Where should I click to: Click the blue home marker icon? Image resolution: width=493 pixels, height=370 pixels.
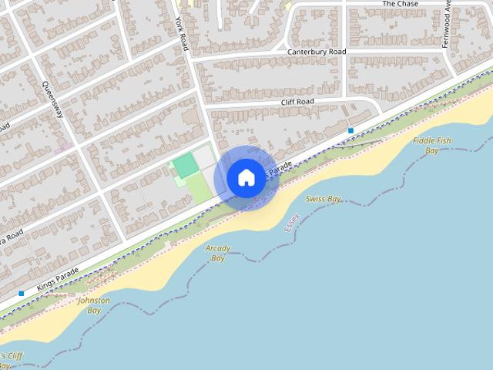tap(246, 177)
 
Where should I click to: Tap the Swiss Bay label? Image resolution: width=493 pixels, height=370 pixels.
tap(324, 199)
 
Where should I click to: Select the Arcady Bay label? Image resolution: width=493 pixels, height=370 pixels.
tap(218, 253)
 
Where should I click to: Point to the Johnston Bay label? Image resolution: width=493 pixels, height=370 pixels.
tap(94, 305)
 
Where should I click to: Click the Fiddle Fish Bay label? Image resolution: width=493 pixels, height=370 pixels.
tap(432, 146)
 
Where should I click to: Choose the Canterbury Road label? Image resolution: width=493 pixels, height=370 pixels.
tap(317, 52)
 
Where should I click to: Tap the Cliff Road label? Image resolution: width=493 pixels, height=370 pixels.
tap(297, 101)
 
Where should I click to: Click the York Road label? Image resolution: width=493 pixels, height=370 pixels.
tap(182, 34)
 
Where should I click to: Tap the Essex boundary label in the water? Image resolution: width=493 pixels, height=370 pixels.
tap(292, 224)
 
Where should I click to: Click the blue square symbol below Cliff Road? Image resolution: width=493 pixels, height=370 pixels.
tap(350, 130)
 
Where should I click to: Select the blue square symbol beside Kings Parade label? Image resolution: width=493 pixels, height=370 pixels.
tap(21, 294)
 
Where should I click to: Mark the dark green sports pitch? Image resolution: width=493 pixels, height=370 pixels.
tap(185, 165)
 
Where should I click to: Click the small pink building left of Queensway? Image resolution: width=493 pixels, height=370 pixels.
tap(64, 146)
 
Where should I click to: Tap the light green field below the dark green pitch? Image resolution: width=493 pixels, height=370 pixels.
tap(200, 189)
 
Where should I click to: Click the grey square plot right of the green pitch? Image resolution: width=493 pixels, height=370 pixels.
tap(203, 157)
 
